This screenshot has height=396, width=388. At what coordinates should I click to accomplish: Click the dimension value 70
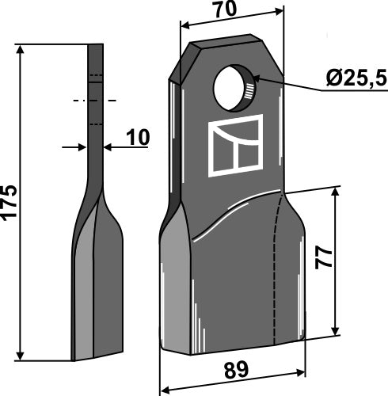232,11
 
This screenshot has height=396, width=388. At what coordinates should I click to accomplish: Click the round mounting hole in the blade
232,88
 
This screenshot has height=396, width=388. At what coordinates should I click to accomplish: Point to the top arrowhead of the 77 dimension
337,195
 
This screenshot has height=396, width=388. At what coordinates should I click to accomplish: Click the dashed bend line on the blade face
276,261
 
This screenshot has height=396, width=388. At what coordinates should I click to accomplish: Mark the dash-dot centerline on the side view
94,101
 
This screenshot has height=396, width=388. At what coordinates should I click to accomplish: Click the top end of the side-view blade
95,46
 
